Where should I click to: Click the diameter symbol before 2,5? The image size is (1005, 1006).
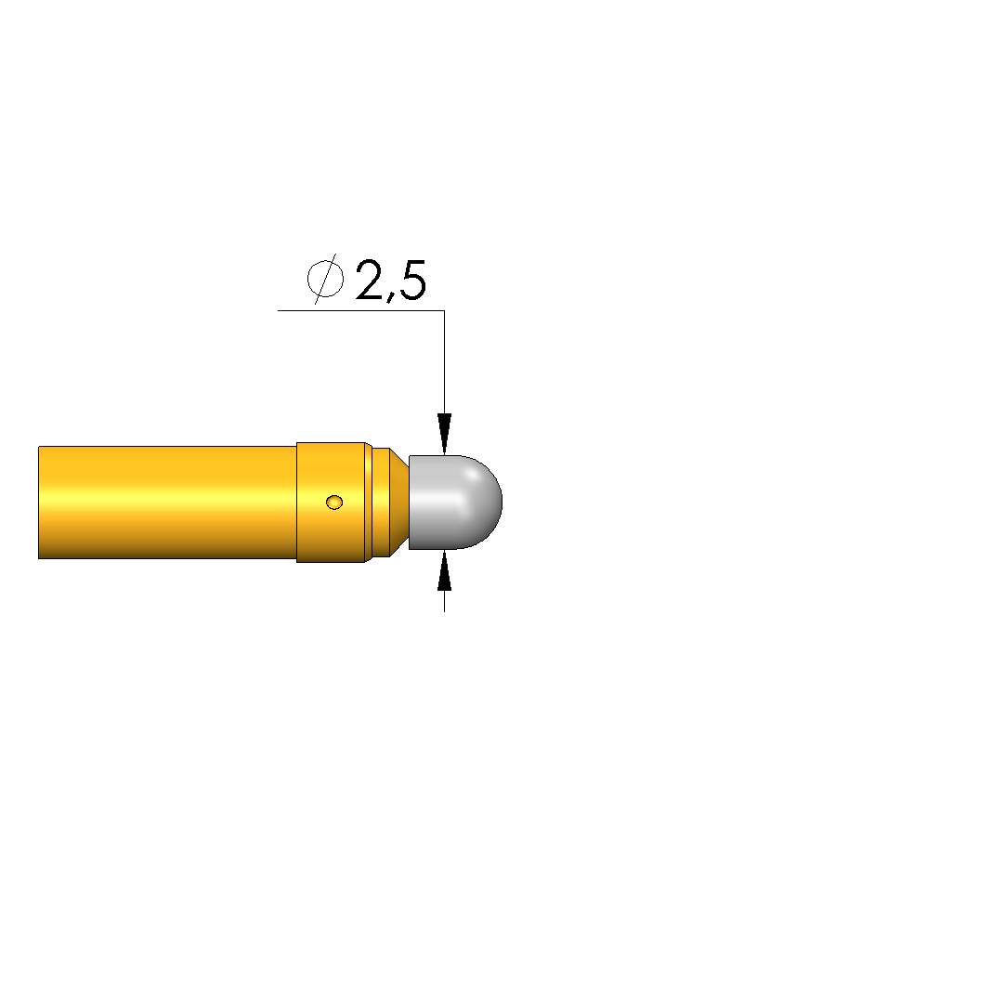pos(325,279)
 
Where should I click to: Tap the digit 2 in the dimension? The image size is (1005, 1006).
pos(369,280)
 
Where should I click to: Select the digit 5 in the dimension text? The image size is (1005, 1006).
pos(411,281)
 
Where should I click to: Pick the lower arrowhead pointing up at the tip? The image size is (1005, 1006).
pos(445,569)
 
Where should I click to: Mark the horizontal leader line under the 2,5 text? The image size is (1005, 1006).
pos(361,310)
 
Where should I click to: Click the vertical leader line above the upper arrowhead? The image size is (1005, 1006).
pos(445,362)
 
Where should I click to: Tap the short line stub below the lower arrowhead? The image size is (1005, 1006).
pos(445,601)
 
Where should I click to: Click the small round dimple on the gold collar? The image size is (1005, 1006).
pos(334,502)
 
